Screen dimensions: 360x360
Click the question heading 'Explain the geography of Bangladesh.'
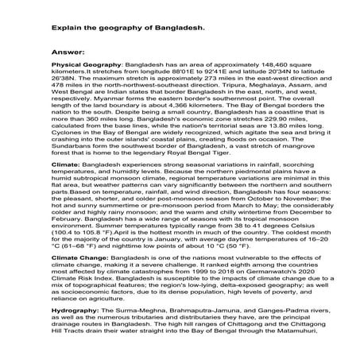coord(127,28)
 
